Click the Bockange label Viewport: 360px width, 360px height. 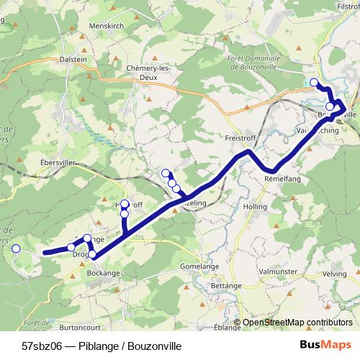[104, 274]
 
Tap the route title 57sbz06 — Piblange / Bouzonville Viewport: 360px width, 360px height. [102, 346]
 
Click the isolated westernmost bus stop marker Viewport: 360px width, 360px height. [16, 248]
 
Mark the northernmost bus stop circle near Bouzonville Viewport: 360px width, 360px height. [314, 82]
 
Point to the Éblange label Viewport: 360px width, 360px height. [227, 326]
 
